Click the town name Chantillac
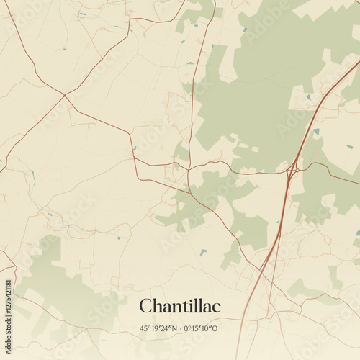tap(180, 306)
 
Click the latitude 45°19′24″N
tap(158, 328)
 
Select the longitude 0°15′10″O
tap(202, 328)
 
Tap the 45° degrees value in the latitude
tap(146, 328)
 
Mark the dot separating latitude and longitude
tap(180, 328)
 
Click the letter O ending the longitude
tap(215, 328)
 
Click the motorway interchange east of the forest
tap(292, 171)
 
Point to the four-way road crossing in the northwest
tap(65, 95)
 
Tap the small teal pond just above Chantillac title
tap(204, 252)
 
